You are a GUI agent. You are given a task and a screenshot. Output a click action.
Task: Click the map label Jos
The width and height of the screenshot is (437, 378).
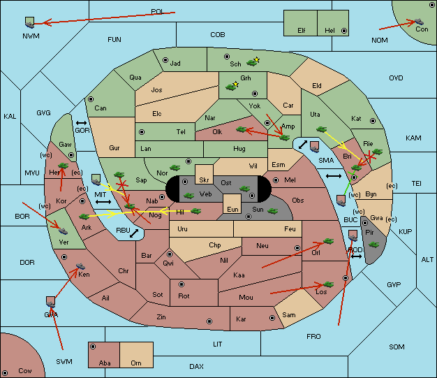(156, 90)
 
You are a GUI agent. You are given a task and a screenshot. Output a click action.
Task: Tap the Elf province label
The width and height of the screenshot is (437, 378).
(302, 31)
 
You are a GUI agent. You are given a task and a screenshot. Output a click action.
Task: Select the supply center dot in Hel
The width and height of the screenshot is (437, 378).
(344, 31)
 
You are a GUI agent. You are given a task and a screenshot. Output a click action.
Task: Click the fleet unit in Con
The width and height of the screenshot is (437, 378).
(419, 22)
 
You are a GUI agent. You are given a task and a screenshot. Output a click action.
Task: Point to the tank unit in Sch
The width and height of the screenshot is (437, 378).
(252, 63)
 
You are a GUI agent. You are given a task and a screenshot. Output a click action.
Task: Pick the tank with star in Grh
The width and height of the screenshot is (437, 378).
(231, 87)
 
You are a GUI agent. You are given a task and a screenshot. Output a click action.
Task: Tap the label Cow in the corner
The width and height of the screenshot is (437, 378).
(25, 371)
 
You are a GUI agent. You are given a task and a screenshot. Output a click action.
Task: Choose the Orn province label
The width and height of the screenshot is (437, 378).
(136, 363)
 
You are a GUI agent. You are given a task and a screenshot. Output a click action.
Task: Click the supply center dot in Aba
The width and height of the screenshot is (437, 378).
(93, 347)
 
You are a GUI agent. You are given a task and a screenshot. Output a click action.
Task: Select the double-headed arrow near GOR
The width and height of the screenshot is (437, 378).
(81, 123)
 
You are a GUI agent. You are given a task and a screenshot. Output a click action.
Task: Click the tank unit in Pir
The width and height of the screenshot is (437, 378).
(373, 245)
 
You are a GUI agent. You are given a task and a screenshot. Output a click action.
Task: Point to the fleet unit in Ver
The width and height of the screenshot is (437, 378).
(64, 231)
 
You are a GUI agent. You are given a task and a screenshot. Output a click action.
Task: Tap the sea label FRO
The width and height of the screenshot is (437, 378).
(313, 337)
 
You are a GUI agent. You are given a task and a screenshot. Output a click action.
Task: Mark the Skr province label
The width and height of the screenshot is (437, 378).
(204, 180)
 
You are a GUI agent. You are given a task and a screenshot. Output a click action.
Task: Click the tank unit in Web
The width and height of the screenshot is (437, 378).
(189, 196)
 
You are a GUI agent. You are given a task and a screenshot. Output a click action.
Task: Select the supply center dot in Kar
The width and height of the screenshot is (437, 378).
(272, 318)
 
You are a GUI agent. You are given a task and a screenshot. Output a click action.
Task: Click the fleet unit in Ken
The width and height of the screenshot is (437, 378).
(80, 266)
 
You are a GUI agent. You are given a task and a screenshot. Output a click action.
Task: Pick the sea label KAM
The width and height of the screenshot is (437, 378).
(413, 138)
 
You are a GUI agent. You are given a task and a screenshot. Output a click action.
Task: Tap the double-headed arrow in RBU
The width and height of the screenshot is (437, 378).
(134, 233)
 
